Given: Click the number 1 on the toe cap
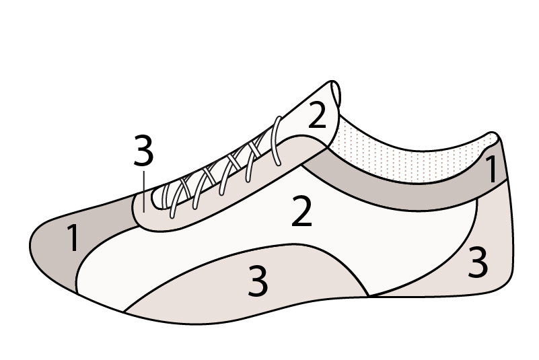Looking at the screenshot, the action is pos(73,238).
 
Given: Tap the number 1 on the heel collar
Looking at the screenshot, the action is pos(493,168).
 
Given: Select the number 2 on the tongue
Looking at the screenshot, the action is pos(317,115).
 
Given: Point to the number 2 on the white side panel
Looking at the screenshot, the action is pos(301,211).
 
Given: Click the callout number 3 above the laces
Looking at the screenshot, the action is pos(143,150).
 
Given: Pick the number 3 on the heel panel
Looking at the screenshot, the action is pos(478,262).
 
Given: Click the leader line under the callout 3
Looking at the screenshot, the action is pos(144,192).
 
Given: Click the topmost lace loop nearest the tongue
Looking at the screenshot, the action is pos(276,141).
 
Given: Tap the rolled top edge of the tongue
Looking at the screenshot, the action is pos(336,94).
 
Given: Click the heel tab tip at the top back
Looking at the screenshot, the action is pos(493,137).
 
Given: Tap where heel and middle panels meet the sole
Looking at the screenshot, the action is pos(369,295).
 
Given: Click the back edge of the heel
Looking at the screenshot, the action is pos(511,220).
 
